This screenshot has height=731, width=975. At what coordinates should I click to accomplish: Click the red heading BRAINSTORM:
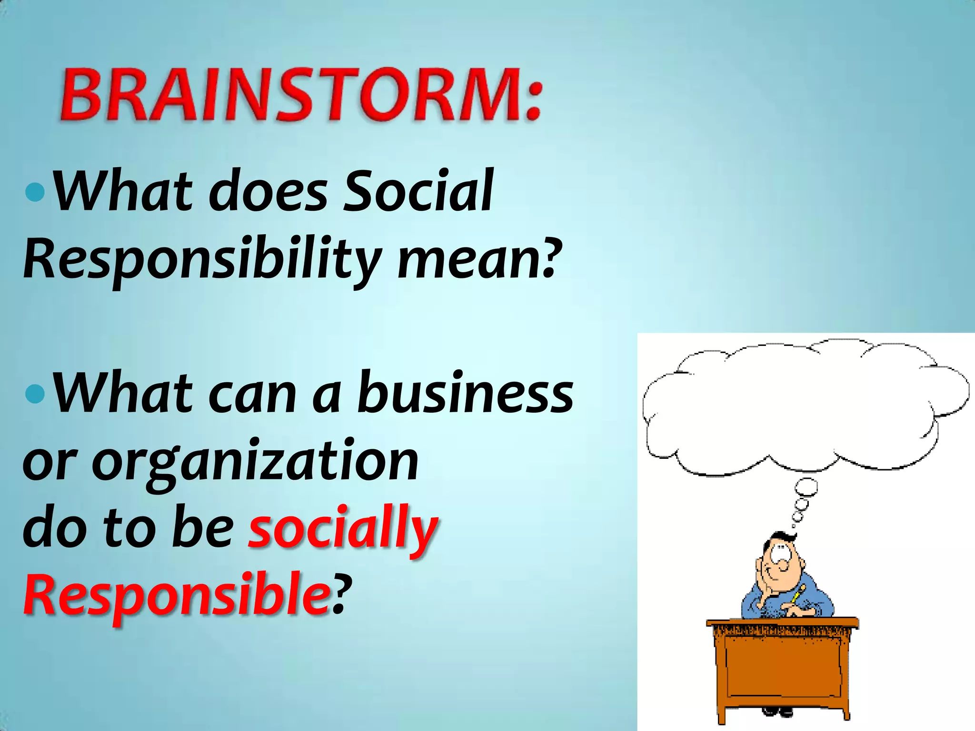(301, 95)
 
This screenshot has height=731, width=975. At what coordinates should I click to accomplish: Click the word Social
(418, 191)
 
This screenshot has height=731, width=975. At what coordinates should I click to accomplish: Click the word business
(465, 393)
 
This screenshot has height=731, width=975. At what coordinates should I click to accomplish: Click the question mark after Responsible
(342, 594)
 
